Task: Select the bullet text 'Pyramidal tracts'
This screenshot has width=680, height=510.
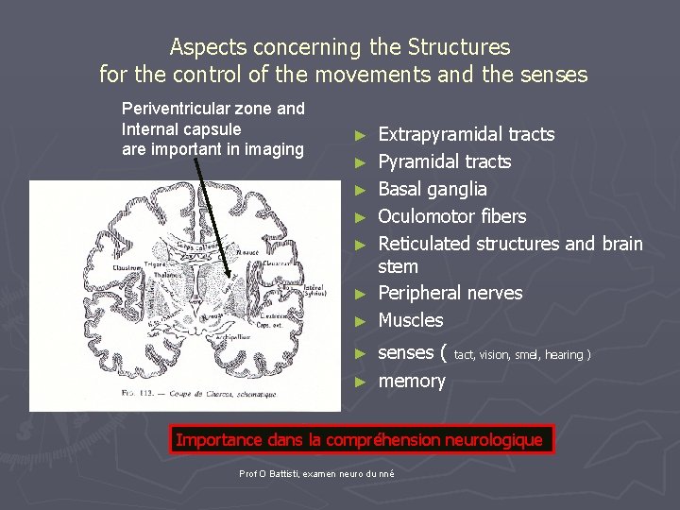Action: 444,162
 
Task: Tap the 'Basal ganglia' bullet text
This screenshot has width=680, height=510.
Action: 432,190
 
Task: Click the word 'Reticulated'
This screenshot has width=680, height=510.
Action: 424,244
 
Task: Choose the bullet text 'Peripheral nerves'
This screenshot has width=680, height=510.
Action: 450,293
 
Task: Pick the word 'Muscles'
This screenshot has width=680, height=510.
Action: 410,320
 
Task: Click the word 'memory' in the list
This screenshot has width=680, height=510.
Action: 411,381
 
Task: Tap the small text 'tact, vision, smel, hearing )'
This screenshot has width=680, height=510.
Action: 522,355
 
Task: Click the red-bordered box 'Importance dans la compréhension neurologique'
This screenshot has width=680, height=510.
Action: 360,439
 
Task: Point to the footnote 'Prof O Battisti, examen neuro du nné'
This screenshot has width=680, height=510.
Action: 317,472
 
